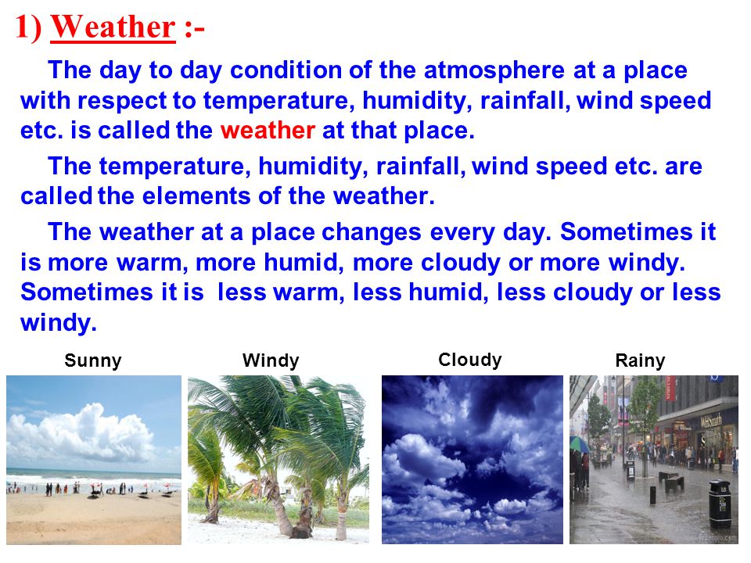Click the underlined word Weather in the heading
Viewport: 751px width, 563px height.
(x=113, y=27)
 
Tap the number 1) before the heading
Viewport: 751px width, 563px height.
(x=28, y=27)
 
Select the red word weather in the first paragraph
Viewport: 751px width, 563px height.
(x=268, y=131)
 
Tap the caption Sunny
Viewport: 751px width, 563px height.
(x=93, y=361)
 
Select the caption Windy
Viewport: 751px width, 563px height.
(x=271, y=360)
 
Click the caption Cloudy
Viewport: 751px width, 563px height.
(x=470, y=360)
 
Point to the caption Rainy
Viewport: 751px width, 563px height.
(x=640, y=361)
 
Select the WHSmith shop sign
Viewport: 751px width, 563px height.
(x=711, y=421)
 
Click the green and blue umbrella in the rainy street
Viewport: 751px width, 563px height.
(x=579, y=444)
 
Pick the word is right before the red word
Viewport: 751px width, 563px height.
(x=81, y=131)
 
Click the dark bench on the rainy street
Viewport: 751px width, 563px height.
(x=673, y=480)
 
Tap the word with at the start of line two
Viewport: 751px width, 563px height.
(x=45, y=101)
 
